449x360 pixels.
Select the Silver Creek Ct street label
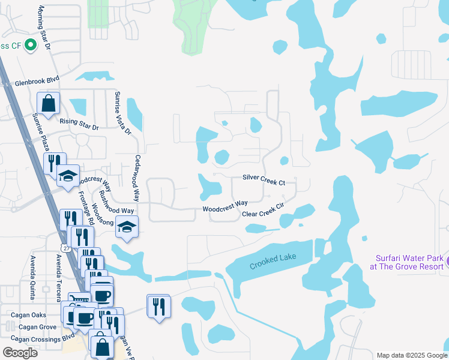click(x=264, y=179)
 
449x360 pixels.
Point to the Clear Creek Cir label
click(x=262, y=211)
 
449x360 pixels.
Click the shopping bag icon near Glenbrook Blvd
click(x=49, y=103)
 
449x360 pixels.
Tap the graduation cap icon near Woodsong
click(x=127, y=227)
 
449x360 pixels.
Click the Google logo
click(x=20, y=352)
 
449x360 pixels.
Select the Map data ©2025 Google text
click(x=411, y=355)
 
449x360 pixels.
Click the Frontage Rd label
click(x=84, y=208)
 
